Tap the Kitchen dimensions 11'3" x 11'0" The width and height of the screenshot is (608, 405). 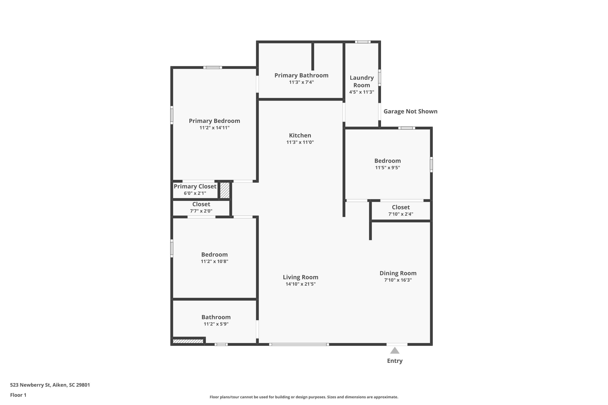pyautogui.click(x=300, y=142)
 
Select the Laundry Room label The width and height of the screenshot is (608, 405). pyautogui.click(x=361, y=81)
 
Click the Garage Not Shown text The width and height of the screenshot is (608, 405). pyautogui.click(x=410, y=111)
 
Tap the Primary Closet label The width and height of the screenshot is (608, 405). pyautogui.click(x=195, y=187)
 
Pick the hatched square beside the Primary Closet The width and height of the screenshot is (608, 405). pyautogui.click(x=225, y=190)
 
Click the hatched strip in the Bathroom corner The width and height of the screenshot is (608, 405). pyautogui.click(x=188, y=341)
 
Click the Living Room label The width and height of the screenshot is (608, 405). pyautogui.click(x=300, y=277)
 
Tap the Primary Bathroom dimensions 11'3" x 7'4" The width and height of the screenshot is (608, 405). pyautogui.click(x=301, y=82)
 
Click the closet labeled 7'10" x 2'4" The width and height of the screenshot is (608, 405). pyautogui.click(x=401, y=211)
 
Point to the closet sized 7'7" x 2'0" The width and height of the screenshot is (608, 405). pyautogui.click(x=201, y=207)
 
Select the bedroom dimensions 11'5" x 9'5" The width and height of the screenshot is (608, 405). pyautogui.click(x=387, y=167)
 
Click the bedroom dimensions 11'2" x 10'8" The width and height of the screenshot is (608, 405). pyautogui.click(x=214, y=261)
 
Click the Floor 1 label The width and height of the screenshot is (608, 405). pyautogui.click(x=18, y=395)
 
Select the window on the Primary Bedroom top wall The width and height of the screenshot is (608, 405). pyautogui.click(x=212, y=68)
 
